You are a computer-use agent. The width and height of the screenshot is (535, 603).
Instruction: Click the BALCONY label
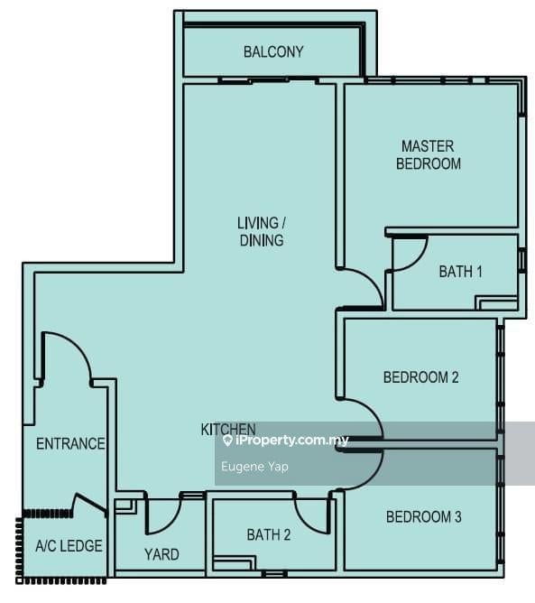[x=273, y=52]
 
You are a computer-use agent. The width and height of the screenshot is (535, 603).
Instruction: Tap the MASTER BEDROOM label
[x=429, y=154]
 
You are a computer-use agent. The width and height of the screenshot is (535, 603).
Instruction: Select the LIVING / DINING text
[x=261, y=231]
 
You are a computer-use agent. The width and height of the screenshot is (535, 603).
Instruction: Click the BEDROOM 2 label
[x=420, y=377]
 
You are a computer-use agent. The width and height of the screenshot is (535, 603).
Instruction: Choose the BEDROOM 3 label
[x=423, y=517]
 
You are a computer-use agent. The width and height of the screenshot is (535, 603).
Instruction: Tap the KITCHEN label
[x=227, y=430]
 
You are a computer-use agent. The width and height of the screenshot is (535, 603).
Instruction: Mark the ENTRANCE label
[x=70, y=443]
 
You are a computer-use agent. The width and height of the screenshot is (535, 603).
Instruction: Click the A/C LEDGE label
[x=69, y=546]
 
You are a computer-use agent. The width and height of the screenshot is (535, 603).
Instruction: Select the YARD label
[x=161, y=554]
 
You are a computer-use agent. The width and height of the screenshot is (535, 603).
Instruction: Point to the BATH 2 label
[x=268, y=535]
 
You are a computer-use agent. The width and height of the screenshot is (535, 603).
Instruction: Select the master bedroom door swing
[x=364, y=288]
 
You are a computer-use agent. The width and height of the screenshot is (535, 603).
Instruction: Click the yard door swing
[x=163, y=515]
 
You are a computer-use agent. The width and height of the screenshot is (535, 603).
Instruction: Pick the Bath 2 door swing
[x=314, y=515]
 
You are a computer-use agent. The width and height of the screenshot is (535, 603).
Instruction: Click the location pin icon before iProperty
[x=227, y=441]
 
